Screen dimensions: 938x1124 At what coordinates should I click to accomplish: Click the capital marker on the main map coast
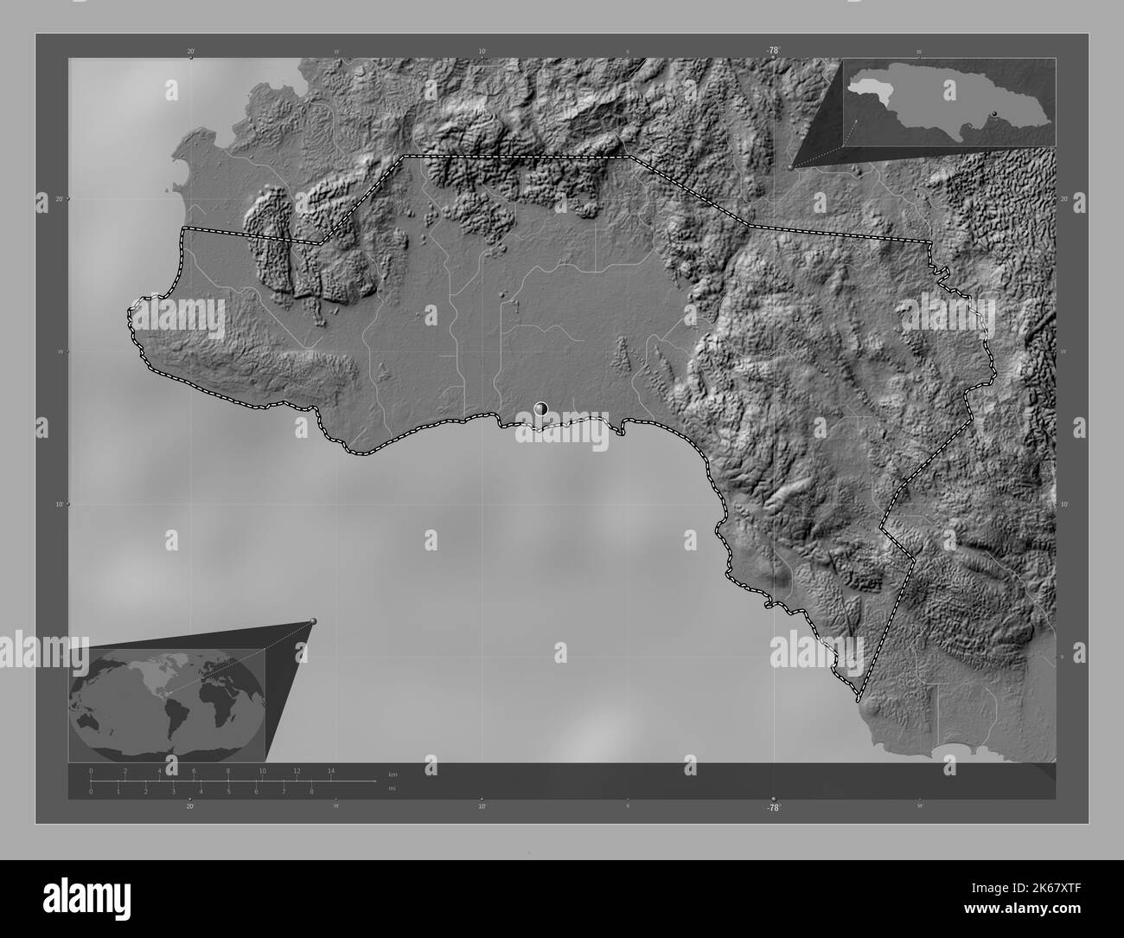coord(542,408)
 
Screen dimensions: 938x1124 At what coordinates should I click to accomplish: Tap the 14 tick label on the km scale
coord(331,770)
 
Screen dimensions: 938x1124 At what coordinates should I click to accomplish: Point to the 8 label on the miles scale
coord(311,791)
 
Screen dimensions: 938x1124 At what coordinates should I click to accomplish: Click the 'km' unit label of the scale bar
coord(393,774)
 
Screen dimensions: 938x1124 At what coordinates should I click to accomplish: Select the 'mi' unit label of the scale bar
coord(393,788)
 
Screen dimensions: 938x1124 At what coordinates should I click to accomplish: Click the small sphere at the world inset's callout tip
coord(313,621)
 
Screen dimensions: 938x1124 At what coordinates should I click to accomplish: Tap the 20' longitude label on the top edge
coord(190,52)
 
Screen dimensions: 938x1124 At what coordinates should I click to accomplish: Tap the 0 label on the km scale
coord(91,770)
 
